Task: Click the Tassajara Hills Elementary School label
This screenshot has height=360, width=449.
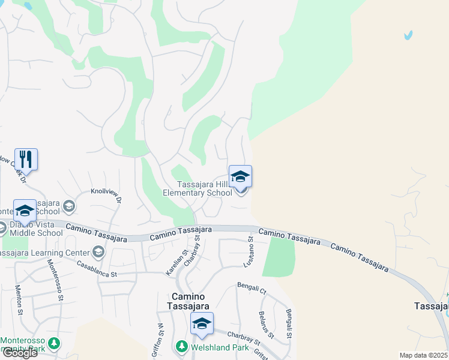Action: pyautogui.click(x=197, y=189)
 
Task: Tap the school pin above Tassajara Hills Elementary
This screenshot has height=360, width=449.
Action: pyautogui.click(x=240, y=177)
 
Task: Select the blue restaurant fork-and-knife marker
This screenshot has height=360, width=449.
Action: pyautogui.click(x=26, y=160)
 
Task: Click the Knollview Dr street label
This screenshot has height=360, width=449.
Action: pyautogui.click(x=106, y=196)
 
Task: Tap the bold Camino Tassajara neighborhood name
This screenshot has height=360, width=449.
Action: pyautogui.click(x=188, y=301)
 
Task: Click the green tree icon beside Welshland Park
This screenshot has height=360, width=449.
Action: pyautogui.click(x=181, y=346)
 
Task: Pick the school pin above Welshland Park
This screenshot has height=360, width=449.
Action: pyautogui.click(x=202, y=324)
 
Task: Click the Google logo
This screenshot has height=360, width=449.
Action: pyautogui.click(x=19, y=353)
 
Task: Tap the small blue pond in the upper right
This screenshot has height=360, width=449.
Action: pyautogui.click(x=409, y=35)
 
